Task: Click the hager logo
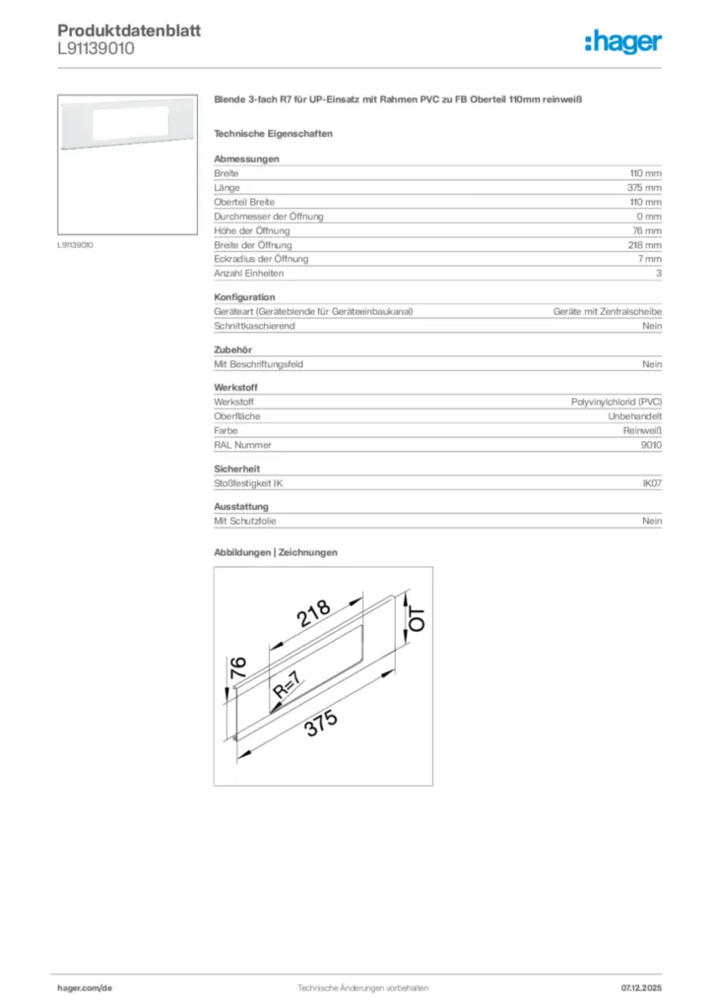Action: coord(622,41)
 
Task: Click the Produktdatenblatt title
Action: coord(129,31)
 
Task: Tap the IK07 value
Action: coord(652,483)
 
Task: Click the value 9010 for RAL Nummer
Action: coord(651,445)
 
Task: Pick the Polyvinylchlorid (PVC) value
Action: coord(616,402)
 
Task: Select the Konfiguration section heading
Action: coord(244,297)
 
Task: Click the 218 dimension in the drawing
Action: coord(315,614)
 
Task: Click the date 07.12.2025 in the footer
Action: coord(641,987)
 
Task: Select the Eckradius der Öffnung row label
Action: coord(261,259)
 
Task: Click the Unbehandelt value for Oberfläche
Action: coord(635,416)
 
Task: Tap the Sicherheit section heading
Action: coord(237,469)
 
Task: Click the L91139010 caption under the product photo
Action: coord(75,244)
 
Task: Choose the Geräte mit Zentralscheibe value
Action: coord(608,311)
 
